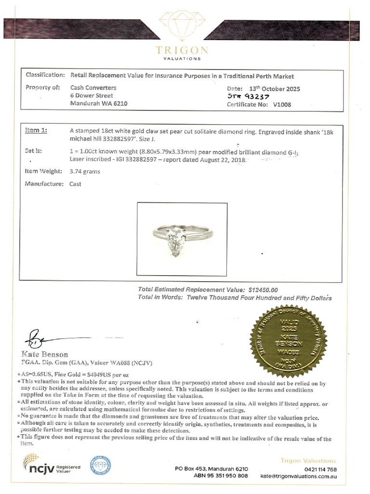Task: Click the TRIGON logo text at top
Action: pyautogui.click(x=182, y=51)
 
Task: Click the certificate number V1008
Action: pyautogui.click(x=282, y=104)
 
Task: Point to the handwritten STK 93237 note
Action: pyautogui.click(x=248, y=96)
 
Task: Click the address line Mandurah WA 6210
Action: pyautogui.click(x=99, y=103)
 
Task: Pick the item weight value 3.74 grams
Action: pyautogui.click(x=85, y=171)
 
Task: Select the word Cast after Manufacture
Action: pyautogui.click(x=76, y=184)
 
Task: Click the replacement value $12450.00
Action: pyautogui.click(x=263, y=290)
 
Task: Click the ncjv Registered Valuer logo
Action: pyautogui.click(x=52, y=467)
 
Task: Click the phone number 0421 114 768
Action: pyautogui.click(x=320, y=469)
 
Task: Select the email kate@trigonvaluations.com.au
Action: pyautogui.click(x=298, y=476)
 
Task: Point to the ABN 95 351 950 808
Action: pyautogui.click(x=221, y=476)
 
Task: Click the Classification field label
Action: pyautogui.click(x=45, y=76)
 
